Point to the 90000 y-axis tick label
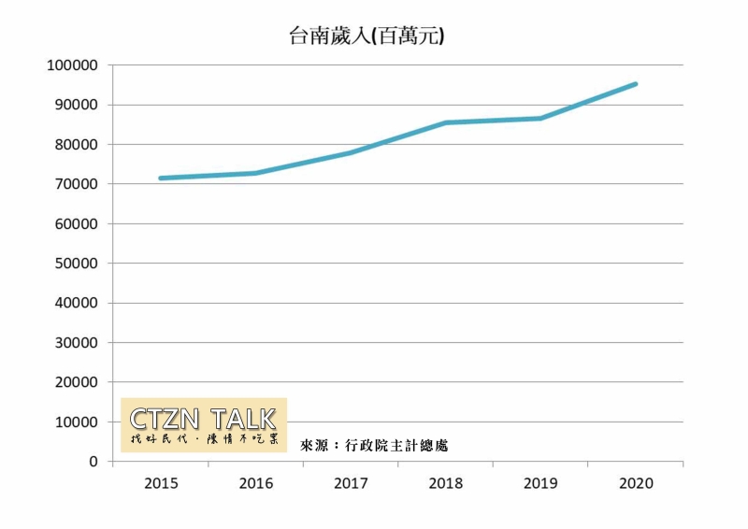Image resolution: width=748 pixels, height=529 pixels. click(74, 106)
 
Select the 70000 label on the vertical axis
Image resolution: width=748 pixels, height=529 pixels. click(74, 185)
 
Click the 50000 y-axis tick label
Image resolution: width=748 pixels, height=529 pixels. click(74, 264)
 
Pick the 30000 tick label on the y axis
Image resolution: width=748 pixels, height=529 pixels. click(74, 343)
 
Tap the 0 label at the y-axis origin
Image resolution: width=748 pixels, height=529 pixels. click(93, 462)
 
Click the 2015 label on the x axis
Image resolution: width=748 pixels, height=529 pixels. click(161, 484)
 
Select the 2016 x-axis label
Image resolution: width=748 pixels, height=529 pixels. click(256, 484)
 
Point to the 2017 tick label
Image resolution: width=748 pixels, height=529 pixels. click(351, 484)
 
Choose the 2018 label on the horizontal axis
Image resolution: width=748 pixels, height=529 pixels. click(446, 484)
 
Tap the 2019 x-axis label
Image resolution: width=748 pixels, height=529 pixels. click(541, 484)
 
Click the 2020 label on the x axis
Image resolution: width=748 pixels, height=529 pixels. click(636, 484)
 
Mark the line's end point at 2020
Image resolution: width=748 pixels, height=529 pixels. click(636, 84)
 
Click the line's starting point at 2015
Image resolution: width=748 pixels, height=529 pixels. click(161, 178)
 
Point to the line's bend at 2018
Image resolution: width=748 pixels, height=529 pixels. click(446, 122)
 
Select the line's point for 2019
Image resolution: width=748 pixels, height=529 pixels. click(541, 118)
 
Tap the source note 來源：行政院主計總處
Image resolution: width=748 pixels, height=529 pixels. click(374, 446)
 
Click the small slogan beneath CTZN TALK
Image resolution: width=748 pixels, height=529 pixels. click(204, 439)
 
